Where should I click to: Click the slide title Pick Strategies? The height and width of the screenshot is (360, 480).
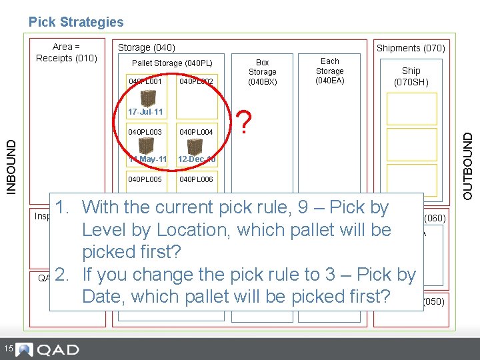[x=76, y=22]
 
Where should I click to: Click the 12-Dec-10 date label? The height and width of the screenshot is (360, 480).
[x=195, y=159]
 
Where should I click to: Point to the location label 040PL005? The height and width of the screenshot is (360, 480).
[x=145, y=180]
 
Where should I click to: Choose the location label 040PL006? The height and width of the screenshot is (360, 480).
[x=196, y=180]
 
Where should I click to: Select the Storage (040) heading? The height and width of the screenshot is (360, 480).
[x=146, y=47]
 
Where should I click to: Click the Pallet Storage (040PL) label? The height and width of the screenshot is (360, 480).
[x=172, y=63]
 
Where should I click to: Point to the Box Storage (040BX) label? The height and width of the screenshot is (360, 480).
[x=263, y=72]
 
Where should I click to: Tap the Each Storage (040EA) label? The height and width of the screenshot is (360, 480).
[x=330, y=71]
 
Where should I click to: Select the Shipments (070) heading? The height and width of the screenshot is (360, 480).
[x=411, y=48]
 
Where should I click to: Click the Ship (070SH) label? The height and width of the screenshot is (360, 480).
[x=411, y=76]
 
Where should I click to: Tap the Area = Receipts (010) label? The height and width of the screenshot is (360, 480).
[x=66, y=52]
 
